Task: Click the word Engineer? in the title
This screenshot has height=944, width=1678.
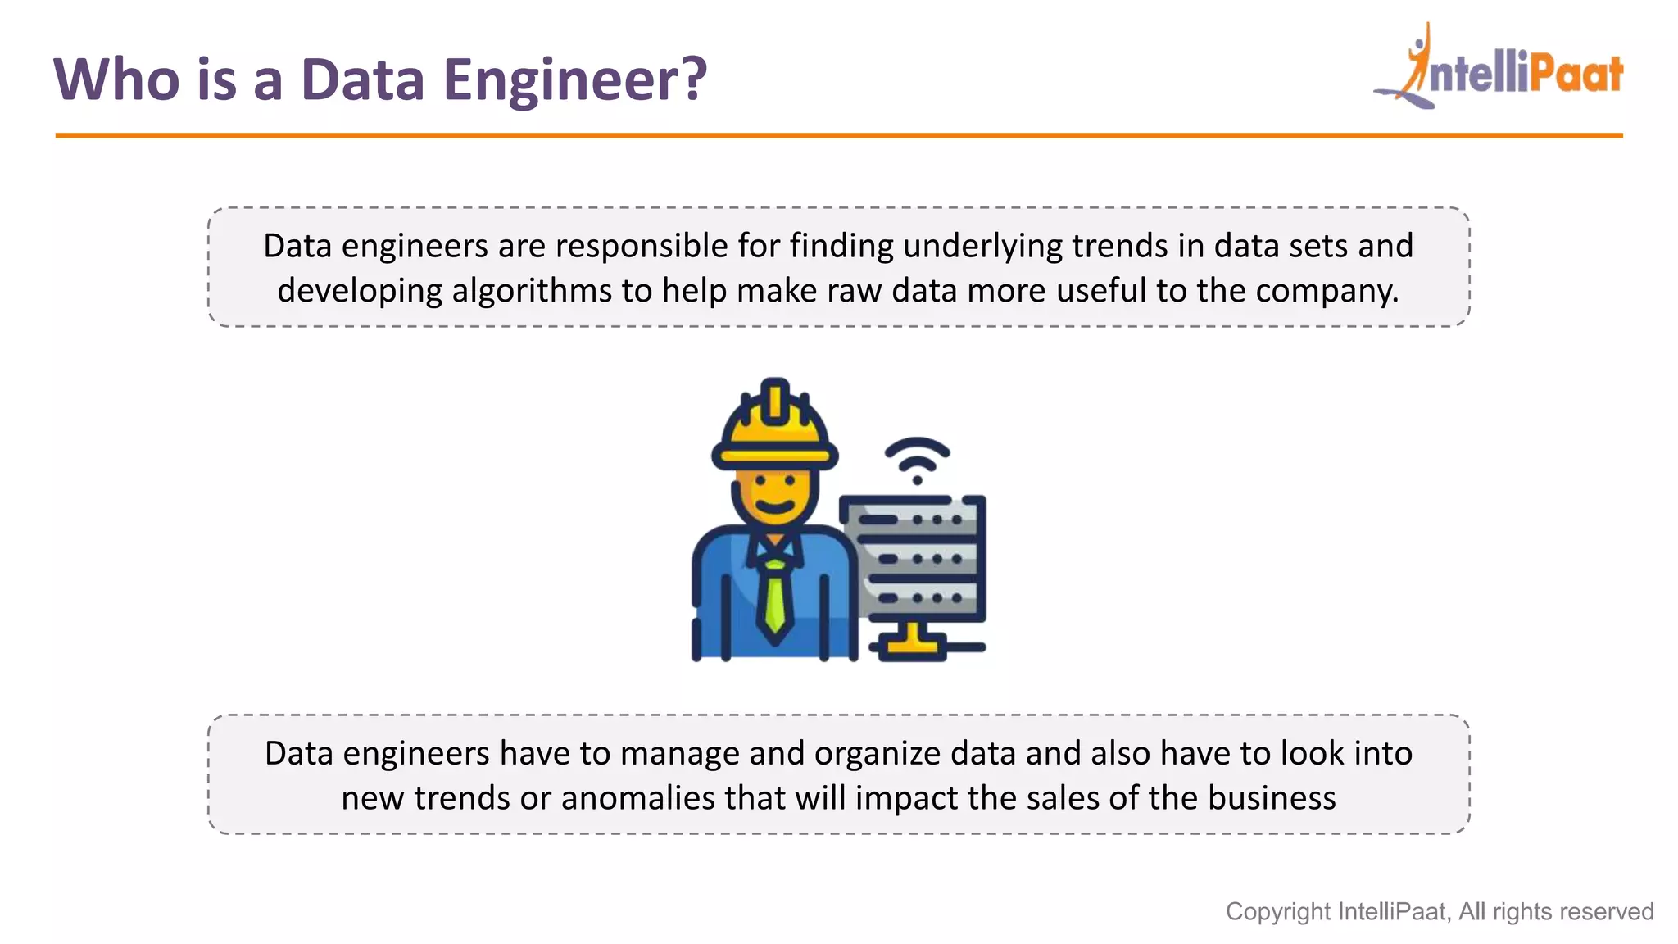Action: point(574,80)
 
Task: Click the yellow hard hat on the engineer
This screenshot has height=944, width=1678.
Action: point(774,426)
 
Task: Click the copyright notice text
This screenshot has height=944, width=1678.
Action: point(1439,911)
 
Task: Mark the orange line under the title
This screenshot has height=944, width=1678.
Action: point(839,135)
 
